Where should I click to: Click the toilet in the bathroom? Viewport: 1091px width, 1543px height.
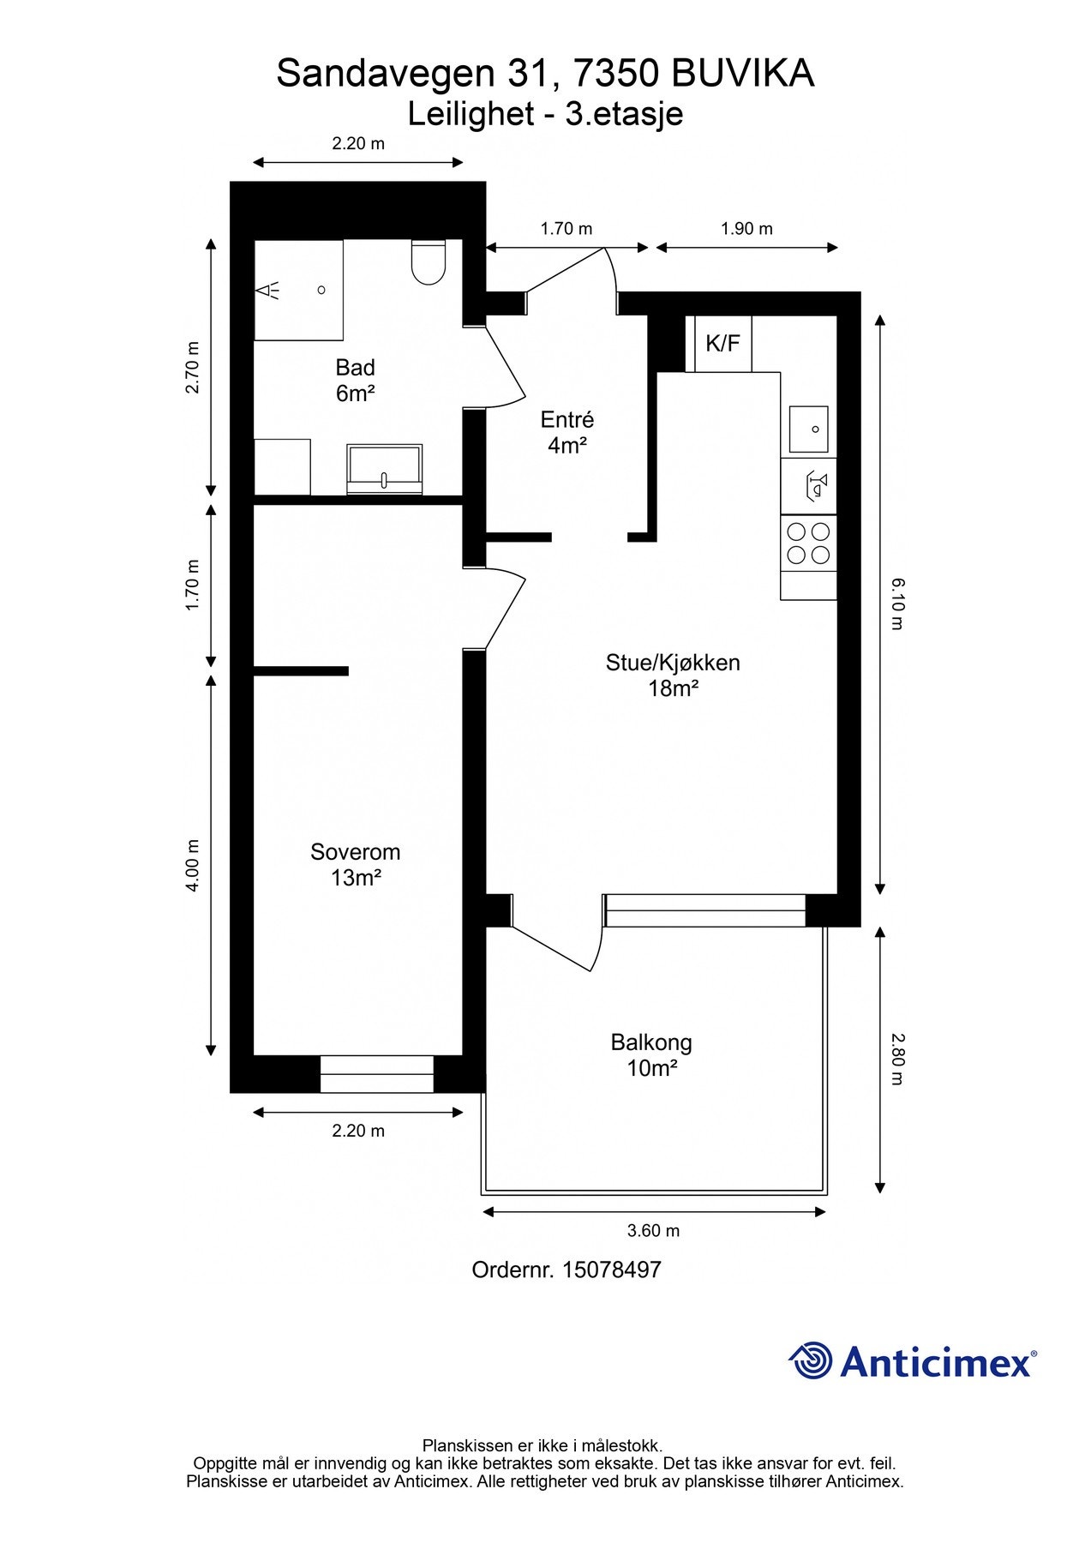click(428, 261)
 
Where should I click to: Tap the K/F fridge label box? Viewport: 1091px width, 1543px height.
click(722, 344)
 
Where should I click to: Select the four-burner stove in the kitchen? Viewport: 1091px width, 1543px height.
click(808, 543)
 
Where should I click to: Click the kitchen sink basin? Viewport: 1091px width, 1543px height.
click(808, 429)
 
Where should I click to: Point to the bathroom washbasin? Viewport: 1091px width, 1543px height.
click(384, 468)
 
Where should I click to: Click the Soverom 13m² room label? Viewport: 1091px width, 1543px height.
click(356, 864)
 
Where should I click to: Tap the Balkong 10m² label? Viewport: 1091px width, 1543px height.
click(651, 1055)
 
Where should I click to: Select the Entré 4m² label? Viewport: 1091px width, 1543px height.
click(566, 432)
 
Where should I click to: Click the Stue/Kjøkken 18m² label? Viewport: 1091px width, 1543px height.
click(673, 675)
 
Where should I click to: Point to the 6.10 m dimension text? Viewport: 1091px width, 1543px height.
click(896, 603)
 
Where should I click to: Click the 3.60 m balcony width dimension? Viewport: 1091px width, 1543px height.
click(653, 1231)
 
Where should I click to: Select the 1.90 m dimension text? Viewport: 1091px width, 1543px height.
click(746, 229)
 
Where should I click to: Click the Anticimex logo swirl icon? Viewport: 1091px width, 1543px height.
click(811, 1360)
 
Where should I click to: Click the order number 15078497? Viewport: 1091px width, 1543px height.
click(612, 1270)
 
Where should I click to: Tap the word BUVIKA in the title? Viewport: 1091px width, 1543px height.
click(742, 75)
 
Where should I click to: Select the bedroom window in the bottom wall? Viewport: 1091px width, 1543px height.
click(376, 1074)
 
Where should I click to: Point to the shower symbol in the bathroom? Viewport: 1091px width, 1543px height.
click(269, 290)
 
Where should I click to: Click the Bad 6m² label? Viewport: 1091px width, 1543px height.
click(355, 381)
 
